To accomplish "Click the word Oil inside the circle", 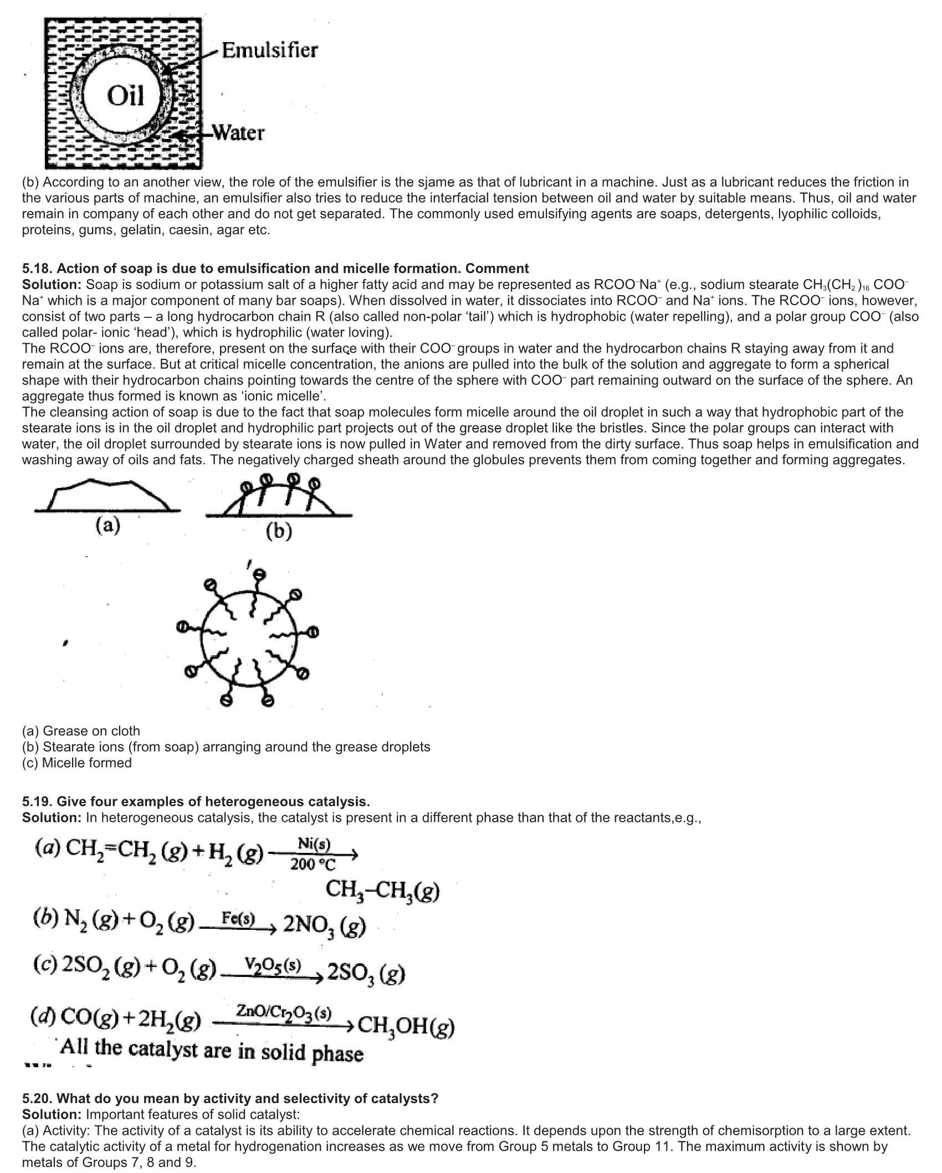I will (125, 96).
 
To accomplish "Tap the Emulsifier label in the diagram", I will (269, 50).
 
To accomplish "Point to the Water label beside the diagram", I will (239, 133).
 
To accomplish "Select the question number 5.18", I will (37, 269).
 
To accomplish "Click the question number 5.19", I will (37, 801).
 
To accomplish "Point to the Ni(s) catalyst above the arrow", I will (314, 844).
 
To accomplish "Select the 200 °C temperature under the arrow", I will (314, 864).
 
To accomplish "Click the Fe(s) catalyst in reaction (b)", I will (238, 918).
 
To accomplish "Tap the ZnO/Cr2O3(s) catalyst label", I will (284, 1011).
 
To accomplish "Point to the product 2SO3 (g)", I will (366, 973).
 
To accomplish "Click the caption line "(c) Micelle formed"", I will (77, 763).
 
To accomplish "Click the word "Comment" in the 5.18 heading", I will (497, 269).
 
